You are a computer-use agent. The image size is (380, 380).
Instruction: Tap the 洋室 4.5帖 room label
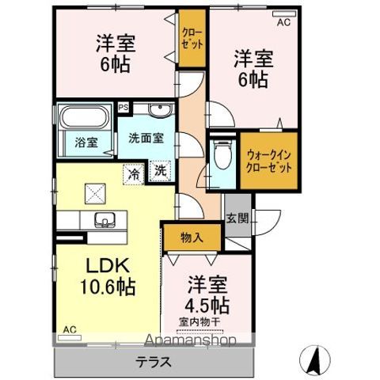[x=207, y=294]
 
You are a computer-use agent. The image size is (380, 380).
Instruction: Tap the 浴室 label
[x=76, y=143]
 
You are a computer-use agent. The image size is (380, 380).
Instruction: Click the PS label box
[x=123, y=107]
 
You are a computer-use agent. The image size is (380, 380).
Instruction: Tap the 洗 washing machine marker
[x=160, y=169]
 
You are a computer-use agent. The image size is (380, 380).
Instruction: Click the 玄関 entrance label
[x=236, y=218]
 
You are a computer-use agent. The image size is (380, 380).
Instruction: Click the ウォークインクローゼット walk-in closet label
[x=269, y=162]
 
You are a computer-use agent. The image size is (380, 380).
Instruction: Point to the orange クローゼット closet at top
[x=191, y=40]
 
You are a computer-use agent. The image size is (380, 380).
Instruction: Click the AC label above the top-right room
[x=283, y=23]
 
